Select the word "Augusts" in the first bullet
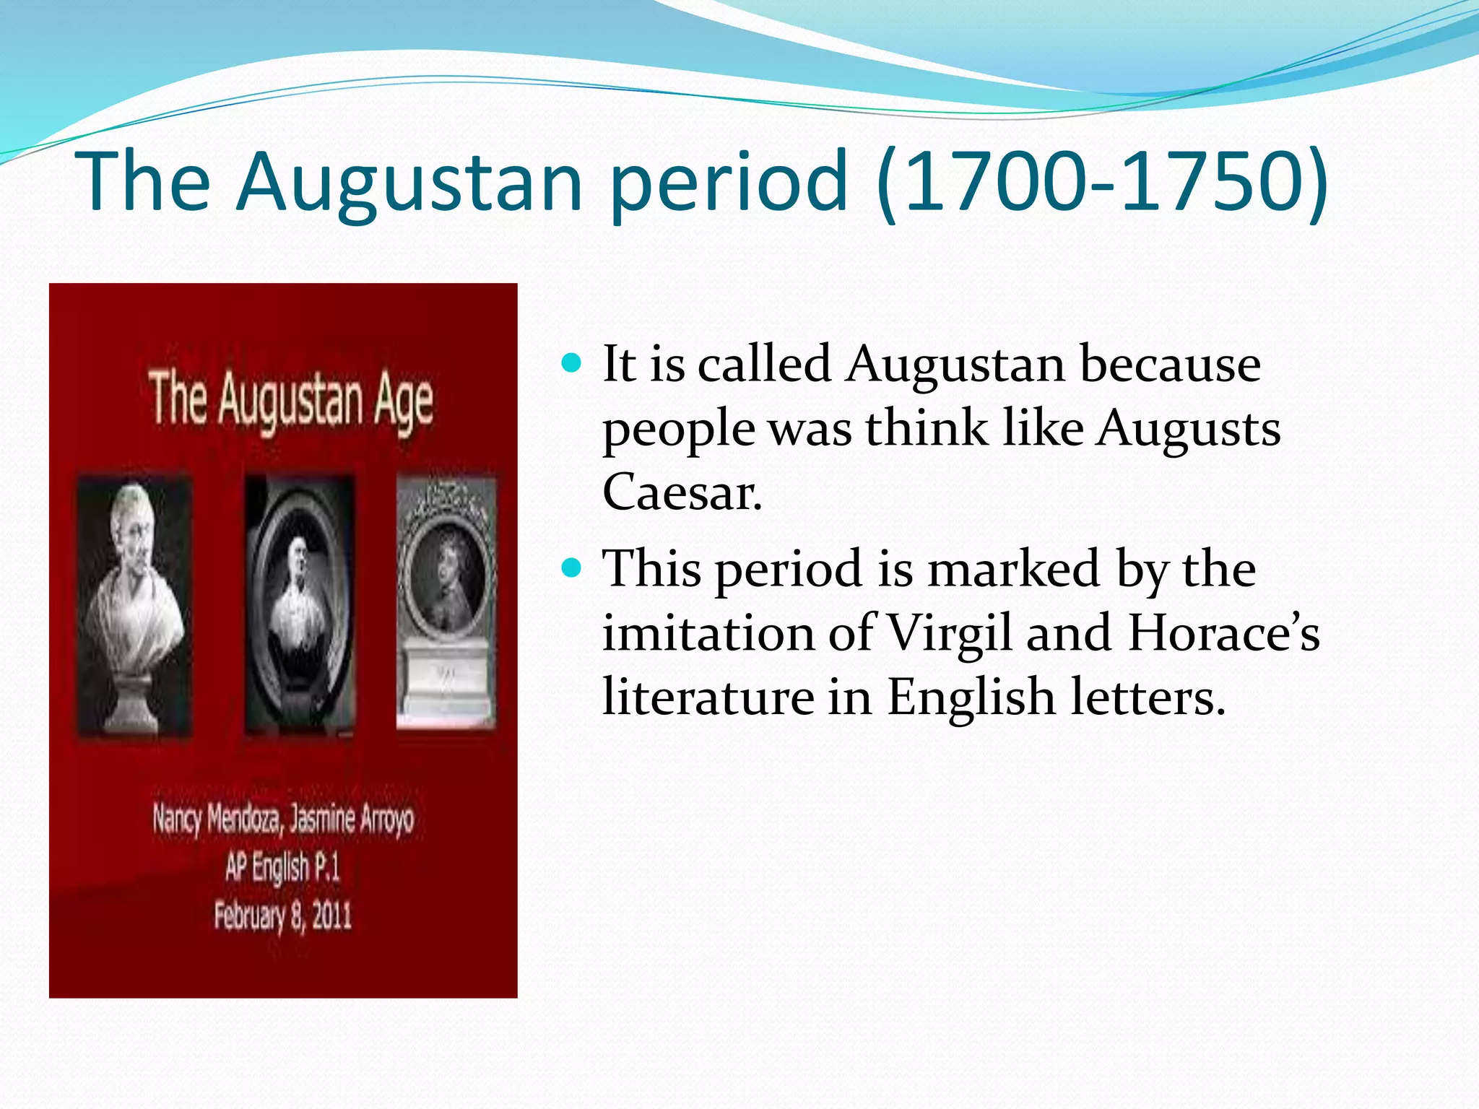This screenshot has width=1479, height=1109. pos(1189,429)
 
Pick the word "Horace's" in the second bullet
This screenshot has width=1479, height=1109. pos(1223,633)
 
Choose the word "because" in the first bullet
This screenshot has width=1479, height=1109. pos(1170,364)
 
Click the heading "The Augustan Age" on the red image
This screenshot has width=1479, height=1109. pos(290,401)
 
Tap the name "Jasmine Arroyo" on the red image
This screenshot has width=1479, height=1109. pos(352,819)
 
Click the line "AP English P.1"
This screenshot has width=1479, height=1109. pos(282,867)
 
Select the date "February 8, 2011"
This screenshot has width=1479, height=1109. pos(282,916)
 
